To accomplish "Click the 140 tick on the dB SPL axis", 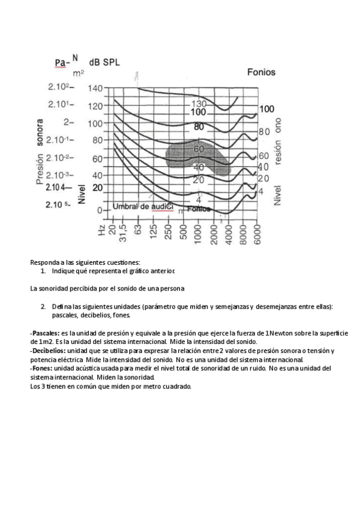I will pyautogui.click(x=95, y=88).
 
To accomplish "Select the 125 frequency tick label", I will pyautogui.click(x=153, y=230).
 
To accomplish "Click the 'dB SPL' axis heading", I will pyautogui.click(x=104, y=62).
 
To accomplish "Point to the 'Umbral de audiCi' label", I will pyautogui.click(x=143, y=207).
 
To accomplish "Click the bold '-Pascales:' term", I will pyautogui.click(x=44, y=332).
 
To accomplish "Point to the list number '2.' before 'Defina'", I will pyautogui.click(x=43, y=306).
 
